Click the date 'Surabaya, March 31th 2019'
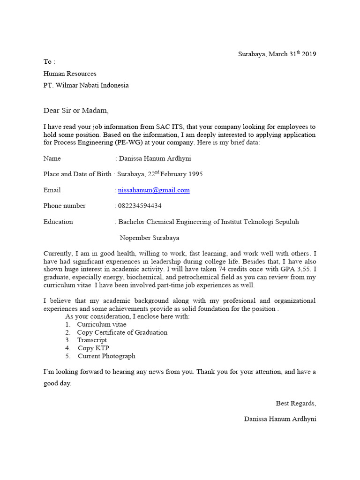tap(277, 54)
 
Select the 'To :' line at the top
tap(49, 62)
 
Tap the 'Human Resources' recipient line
tap(70, 74)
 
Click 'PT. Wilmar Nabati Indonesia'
tap(86, 85)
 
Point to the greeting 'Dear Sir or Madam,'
tap(76, 111)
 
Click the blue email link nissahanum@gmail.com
tap(154, 190)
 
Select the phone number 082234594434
tap(140, 206)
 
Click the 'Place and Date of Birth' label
tap(77, 174)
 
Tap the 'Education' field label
tap(58, 222)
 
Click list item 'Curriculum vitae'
tap(102, 324)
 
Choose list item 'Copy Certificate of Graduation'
tap(122, 332)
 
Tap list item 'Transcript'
tap(92, 340)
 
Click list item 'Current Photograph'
tap(106, 356)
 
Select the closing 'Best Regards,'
tap(296, 403)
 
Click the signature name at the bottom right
tap(280, 419)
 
